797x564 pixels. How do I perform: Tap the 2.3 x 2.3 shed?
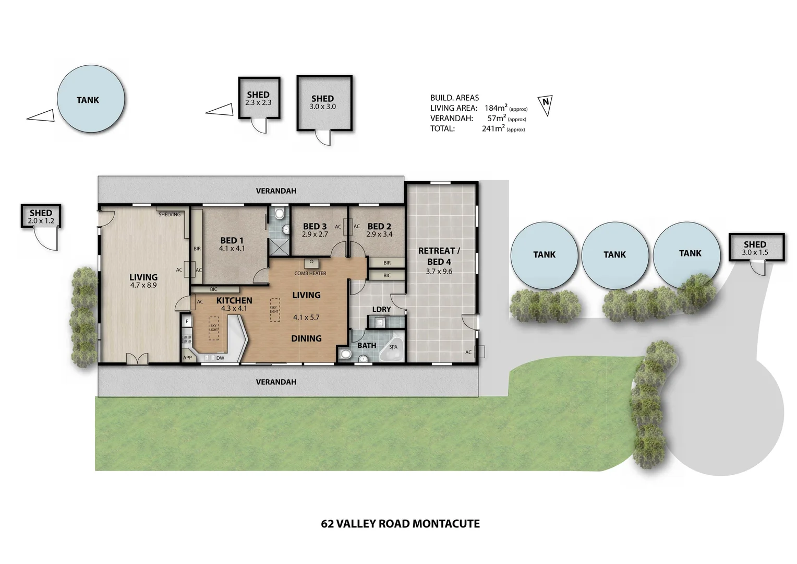259,98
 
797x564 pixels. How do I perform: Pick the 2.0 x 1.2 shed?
41,216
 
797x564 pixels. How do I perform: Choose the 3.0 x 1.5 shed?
755,248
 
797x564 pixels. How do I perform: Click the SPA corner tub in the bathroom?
392,348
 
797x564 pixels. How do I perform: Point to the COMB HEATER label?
310,273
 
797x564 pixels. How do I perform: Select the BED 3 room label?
315,226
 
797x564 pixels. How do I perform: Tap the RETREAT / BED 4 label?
439,256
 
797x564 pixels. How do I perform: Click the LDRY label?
381,309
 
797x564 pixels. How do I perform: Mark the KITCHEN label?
234,301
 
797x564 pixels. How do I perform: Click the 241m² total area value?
493,128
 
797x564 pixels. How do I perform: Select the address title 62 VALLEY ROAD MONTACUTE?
400,523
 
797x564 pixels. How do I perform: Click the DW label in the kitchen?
220,358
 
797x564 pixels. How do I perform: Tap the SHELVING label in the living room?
170,214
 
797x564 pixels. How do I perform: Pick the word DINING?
306,338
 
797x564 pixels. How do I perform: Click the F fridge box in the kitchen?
187,321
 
